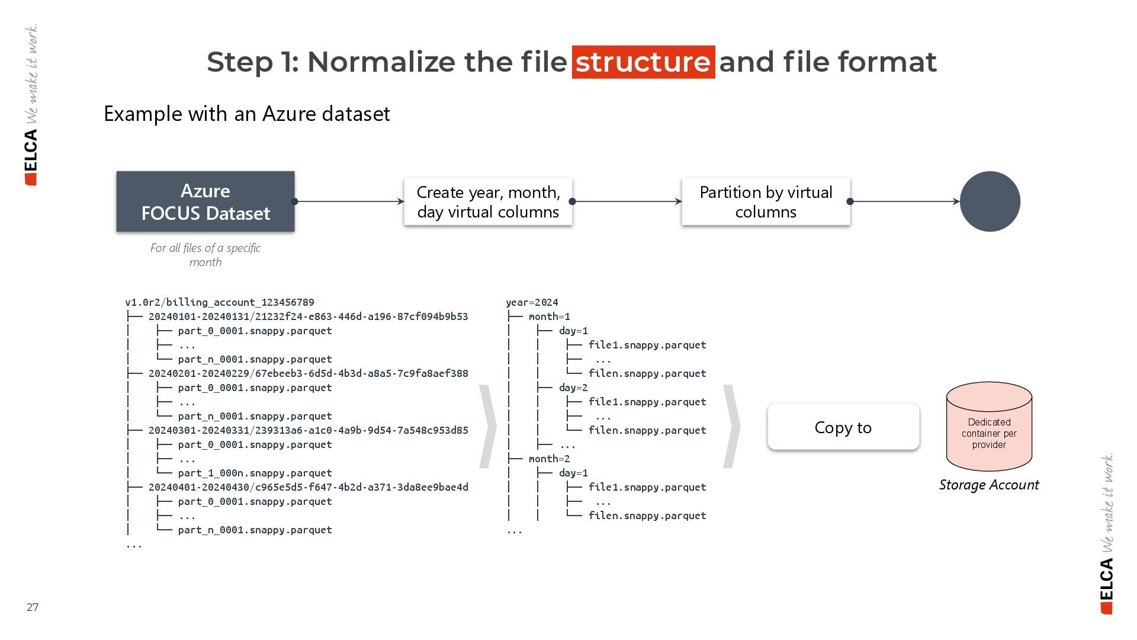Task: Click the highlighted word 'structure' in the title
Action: [643, 62]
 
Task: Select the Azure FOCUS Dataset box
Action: [205, 201]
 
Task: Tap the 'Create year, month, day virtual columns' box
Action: [488, 201]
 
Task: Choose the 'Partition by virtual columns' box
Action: [766, 201]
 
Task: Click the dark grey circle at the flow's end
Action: [990, 201]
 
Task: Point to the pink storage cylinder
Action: [989, 427]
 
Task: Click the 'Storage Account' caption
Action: [989, 485]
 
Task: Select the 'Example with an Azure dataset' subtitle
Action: [246, 113]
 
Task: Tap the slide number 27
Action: [33, 607]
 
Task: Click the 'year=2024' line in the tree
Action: [532, 302]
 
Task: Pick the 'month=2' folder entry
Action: [549, 459]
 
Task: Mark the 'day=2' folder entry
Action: [573, 388]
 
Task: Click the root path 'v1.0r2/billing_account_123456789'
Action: [220, 302]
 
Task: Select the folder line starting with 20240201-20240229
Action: [308, 373]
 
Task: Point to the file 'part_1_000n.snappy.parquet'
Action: [255, 473]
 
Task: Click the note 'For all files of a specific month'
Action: [205, 255]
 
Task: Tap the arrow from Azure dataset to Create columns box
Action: [349, 201]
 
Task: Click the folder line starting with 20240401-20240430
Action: [308, 487]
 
